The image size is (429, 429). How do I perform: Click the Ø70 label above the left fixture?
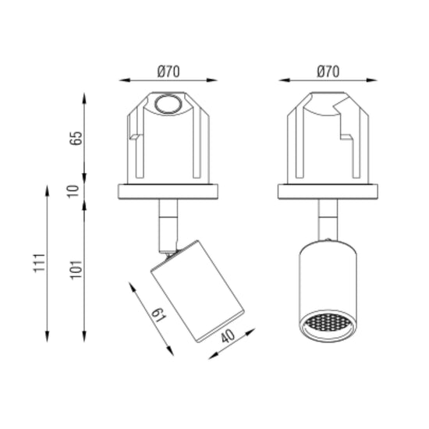[x=168, y=72]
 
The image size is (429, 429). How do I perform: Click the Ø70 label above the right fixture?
[x=328, y=72]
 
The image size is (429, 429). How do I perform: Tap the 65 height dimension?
[x=76, y=138]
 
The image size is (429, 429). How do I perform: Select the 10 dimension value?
[x=73, y=191]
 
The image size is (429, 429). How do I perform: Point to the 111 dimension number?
[x=39, y=263]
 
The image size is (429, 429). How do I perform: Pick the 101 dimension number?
[x=76, y=270]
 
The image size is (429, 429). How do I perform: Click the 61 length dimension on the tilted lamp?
[x=158, y=315]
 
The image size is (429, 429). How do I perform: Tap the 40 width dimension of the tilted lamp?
[x=228, y=335]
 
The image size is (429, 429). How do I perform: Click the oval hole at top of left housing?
[x=168, y=104]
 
